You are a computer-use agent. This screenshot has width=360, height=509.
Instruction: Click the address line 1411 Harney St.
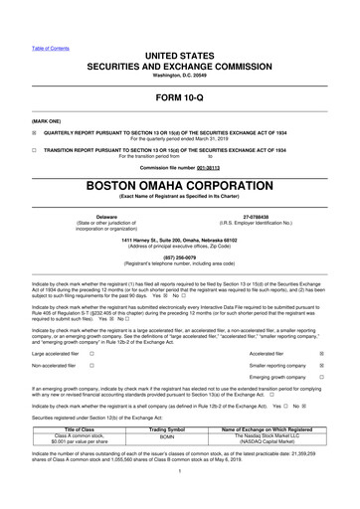[179, 229]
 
